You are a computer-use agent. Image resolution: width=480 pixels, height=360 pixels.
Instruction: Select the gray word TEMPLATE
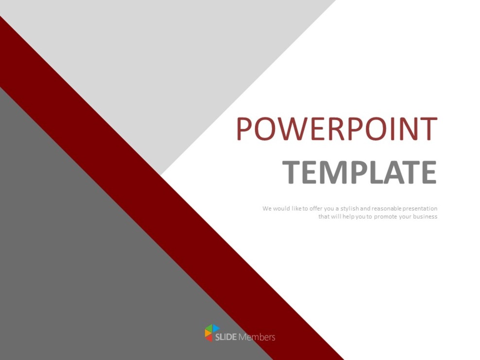point(359,172)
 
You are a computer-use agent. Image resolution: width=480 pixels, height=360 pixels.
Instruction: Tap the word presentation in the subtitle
point(420,208)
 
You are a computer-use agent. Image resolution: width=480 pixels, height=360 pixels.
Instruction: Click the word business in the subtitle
point(425,217)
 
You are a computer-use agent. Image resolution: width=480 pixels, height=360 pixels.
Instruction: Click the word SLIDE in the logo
point(225,337)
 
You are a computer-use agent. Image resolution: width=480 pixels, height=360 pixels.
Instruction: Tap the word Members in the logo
point(257,337)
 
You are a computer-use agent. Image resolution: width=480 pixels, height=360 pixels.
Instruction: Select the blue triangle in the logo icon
point(216,329)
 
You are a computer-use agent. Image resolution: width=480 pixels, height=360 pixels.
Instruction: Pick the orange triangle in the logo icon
point(207,334)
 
